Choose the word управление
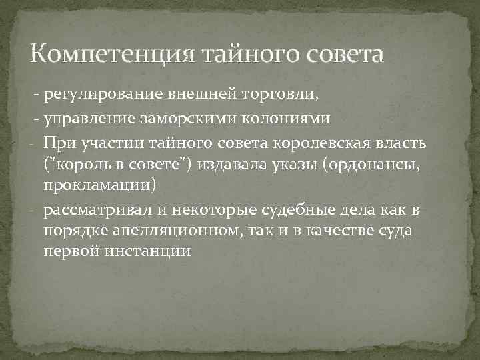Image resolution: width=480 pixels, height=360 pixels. coord(89,119)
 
